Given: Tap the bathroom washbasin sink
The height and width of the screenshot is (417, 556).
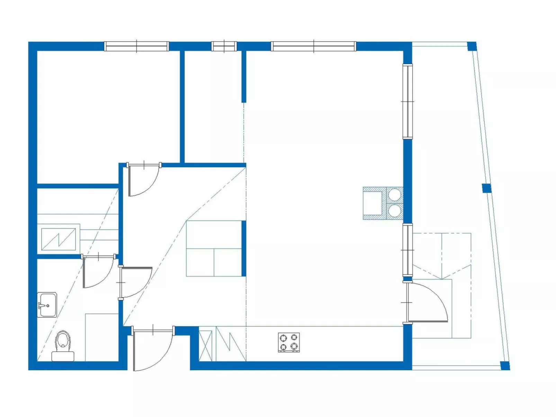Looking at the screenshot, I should pos(47,305).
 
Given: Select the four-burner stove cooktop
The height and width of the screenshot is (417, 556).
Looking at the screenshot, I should pos(289,342).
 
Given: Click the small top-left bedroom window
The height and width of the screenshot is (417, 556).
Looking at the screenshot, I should pos(136,46).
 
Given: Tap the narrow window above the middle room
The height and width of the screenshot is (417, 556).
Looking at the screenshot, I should pos(224,46).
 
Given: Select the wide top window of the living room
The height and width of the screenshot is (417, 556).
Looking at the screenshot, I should pos(313,46).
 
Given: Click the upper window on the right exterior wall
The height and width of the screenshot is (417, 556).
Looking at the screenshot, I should pos(407,101).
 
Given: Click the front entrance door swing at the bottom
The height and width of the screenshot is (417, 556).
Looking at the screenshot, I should pos(156,353).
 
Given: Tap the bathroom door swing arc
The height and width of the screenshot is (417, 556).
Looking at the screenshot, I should pos(100,273).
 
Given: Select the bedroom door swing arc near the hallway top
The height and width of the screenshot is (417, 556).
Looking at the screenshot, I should pos(145,182).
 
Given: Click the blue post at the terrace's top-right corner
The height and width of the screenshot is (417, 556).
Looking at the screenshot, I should pos(472,46).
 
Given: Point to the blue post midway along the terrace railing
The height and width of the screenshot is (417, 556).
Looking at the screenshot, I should pos(486,188).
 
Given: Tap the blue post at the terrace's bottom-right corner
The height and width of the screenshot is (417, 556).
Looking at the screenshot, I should pos(505,365).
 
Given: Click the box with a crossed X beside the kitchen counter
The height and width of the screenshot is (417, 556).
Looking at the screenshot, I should pos(205,346).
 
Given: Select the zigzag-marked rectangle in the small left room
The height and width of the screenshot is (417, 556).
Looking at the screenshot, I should pos(58,239).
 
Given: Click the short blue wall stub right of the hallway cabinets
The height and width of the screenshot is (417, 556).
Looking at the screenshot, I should pos(244,248).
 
